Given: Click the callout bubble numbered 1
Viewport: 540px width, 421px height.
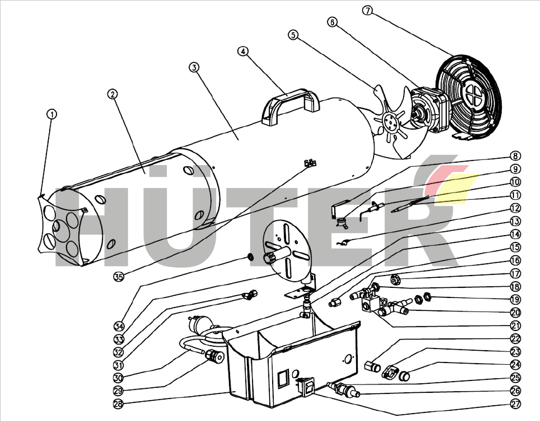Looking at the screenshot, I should pos(52,114).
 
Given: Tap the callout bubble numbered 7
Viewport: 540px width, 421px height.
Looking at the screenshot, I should pos(367,10).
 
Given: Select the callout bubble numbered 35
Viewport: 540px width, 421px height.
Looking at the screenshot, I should pos(119,277).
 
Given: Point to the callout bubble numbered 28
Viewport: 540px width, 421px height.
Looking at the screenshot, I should pos(119,404).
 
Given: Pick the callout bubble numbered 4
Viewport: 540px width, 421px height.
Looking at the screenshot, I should pos(243,51).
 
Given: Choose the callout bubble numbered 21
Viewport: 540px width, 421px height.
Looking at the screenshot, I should pos(515,325).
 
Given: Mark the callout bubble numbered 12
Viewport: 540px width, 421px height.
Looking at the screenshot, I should pos(515,208).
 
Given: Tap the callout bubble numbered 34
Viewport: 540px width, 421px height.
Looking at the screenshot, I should pos(119,326).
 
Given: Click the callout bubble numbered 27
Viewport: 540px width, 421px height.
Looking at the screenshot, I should pos(515,404).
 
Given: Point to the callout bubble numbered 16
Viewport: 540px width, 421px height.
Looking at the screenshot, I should pos(515,260).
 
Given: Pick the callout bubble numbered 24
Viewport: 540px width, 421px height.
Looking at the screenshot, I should pos(515,365).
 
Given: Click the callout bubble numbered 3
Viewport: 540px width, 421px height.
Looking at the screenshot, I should pos(194,67).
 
